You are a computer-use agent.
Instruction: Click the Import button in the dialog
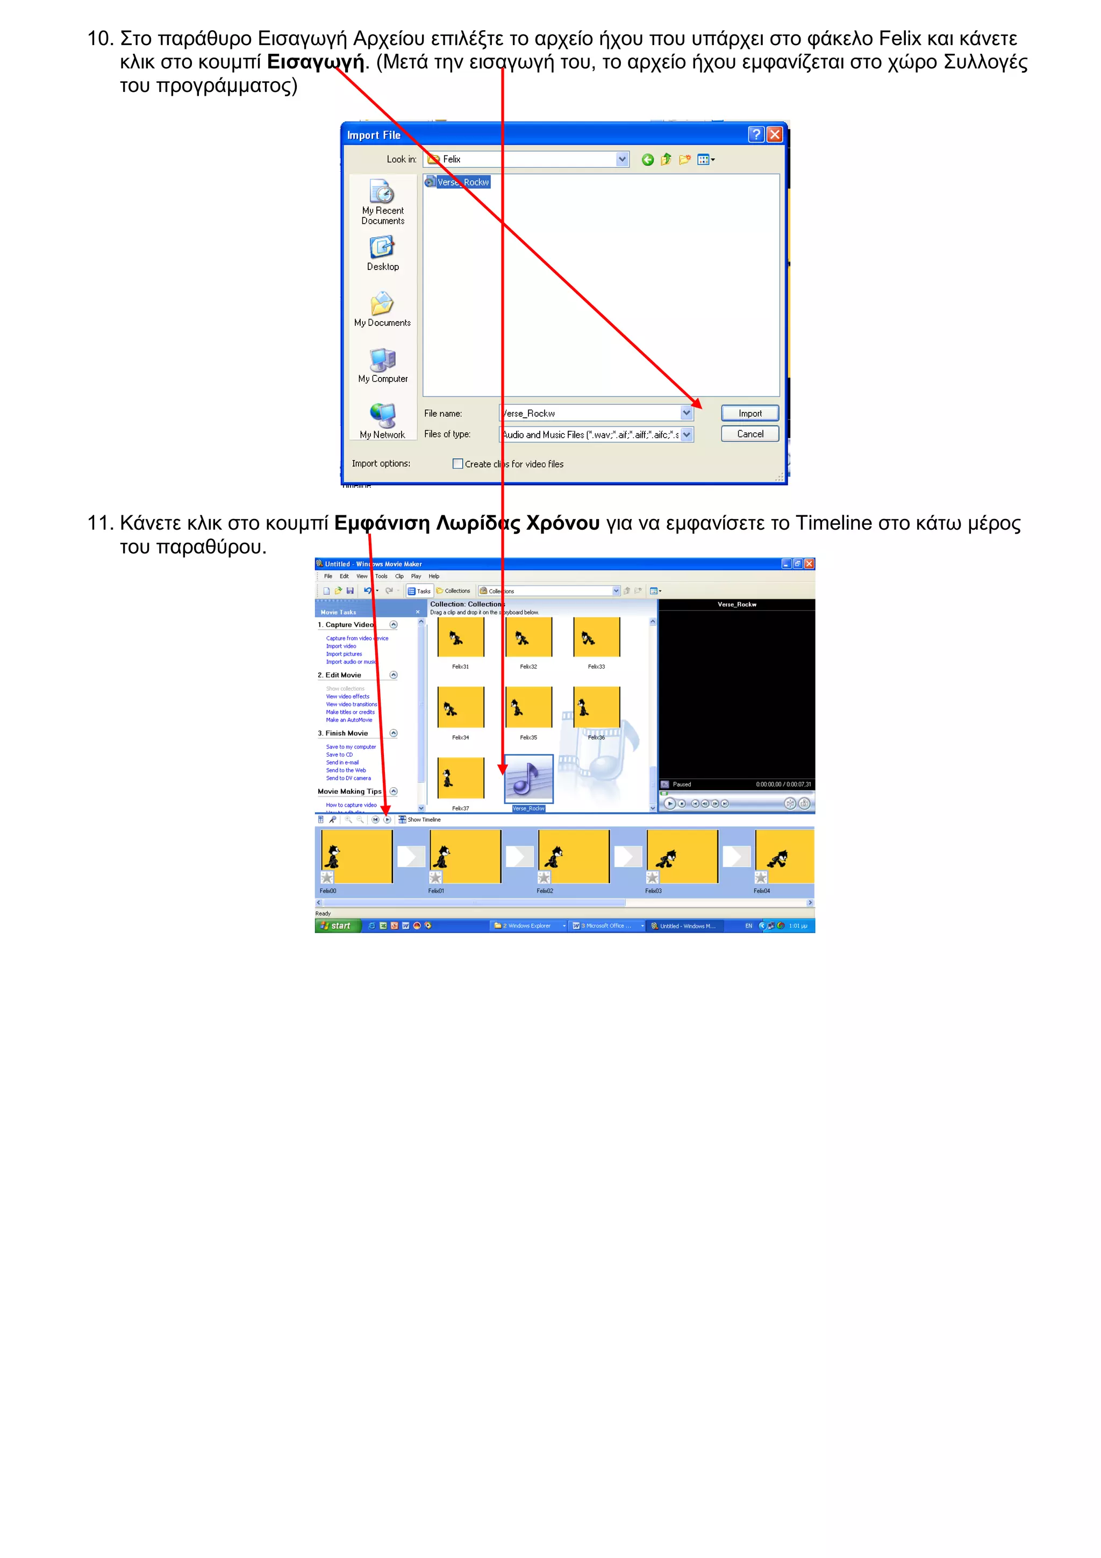pos(749,413)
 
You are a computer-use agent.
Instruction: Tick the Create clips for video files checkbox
pos(458,464)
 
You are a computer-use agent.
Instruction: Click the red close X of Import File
pos(774,134)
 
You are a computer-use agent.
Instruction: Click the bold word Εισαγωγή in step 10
pos(316,62)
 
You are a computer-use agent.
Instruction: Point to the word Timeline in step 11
pos(833,524)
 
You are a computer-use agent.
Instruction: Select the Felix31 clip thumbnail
pos(461,638)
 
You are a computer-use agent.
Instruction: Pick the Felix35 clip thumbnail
pos(528,707)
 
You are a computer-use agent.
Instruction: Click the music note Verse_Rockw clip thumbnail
pos(528,779)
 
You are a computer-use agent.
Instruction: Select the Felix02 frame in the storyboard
pos(573,856)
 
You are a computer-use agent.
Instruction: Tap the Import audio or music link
pos(351,662)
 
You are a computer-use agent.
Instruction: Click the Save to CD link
pos(339,755)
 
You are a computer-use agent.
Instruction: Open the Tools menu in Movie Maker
pos(381,576)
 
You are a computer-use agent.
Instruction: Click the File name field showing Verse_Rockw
pos(590,413)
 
